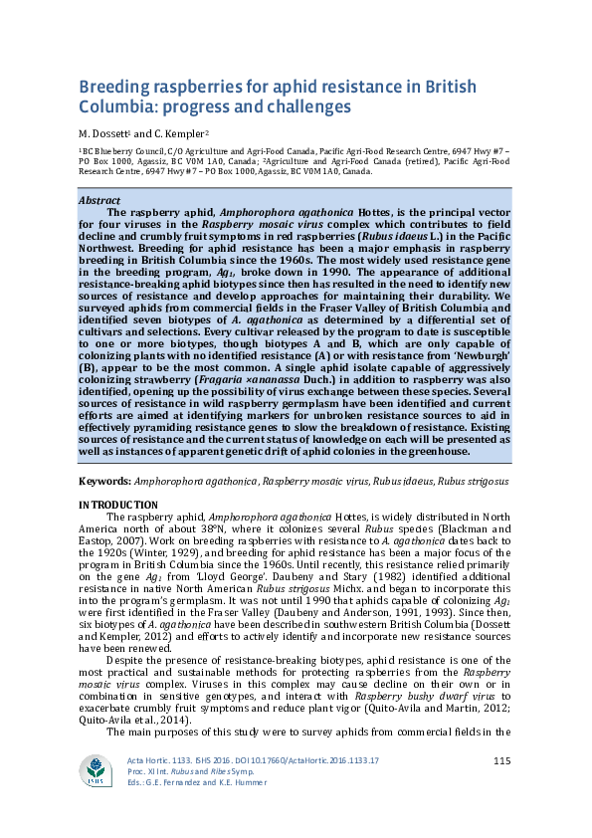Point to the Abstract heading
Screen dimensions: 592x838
coord(99,200)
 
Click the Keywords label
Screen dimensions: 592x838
coord(103,482)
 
